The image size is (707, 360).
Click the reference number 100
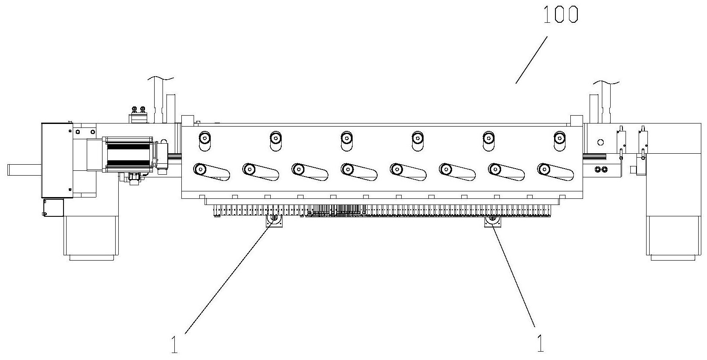pyautogui.click(x=561, y=14)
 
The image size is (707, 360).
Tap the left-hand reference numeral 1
pyautogui.click(x=174, y=345)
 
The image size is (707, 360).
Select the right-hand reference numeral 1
pyautogui.click(x=541, y=343)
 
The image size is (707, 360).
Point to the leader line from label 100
pyautogui.click(x=531, y=60)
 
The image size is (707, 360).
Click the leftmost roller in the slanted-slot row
pyautogui.click(x=200, y=169)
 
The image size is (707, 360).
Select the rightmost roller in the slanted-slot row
pyautogui.click(x=544, y=169)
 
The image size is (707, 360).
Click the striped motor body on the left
pyautogui.click(x=129, y=155)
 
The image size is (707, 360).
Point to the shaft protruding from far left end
pyautogui.click(x=24, y=169)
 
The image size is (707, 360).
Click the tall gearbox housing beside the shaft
pyautogui.click(x=57, y=160)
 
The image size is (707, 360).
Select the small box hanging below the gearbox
pyautogui.click(x=53, y=207)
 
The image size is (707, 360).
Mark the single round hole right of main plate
pyautogui.click(x=600, y=143)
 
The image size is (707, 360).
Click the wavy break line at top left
pyautogui.click(x=161, y=78)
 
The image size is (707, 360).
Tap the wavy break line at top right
pyautogui.click(x=606, y=83)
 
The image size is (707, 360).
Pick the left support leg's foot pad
pyautogui.click(x=92, y=258)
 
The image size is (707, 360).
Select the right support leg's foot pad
pyautogui.click(x=673, y=258)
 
